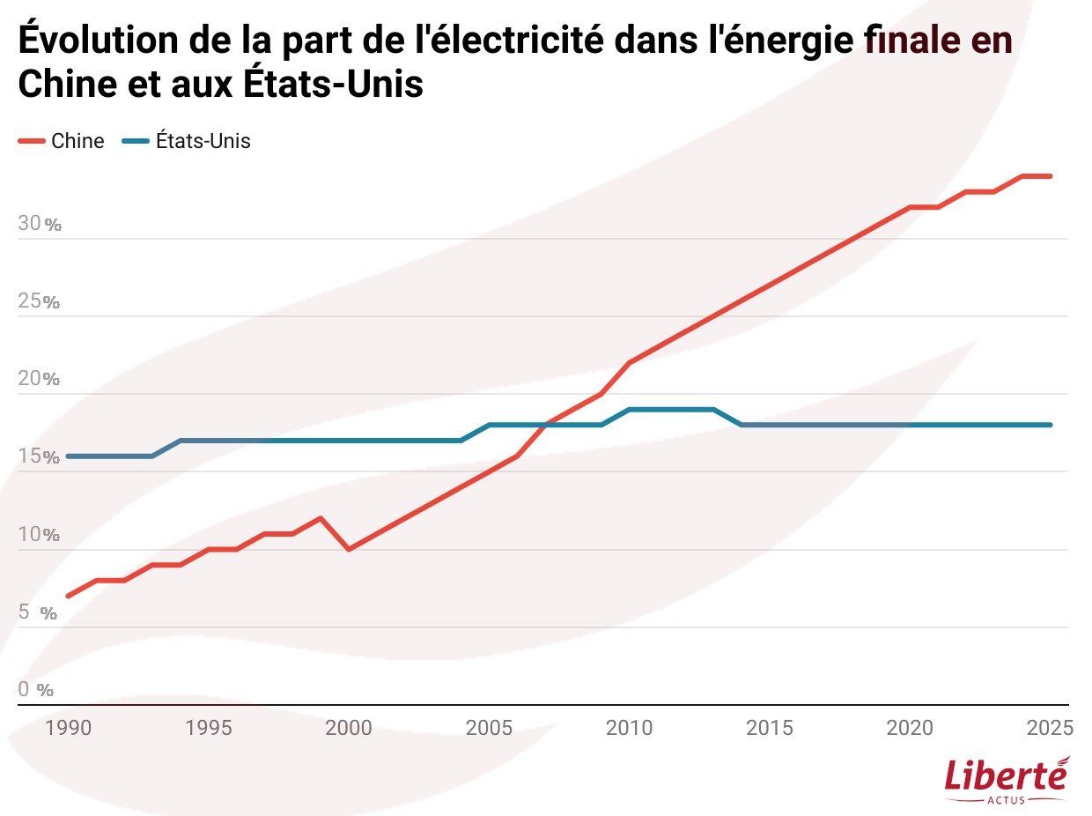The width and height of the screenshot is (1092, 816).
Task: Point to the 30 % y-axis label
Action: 40,224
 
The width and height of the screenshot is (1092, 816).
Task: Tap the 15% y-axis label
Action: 40,457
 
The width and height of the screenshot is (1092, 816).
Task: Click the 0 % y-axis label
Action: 36,690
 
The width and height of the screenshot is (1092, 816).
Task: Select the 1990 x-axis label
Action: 68,728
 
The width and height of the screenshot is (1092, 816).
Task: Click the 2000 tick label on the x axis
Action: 349,728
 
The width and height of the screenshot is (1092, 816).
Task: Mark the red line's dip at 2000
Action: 349,549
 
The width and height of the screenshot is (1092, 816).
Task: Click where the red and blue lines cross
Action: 546,425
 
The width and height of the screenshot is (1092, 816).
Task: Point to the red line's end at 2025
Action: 1050,176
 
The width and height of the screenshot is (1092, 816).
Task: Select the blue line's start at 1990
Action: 69,456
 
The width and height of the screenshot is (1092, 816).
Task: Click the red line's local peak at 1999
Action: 321,518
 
